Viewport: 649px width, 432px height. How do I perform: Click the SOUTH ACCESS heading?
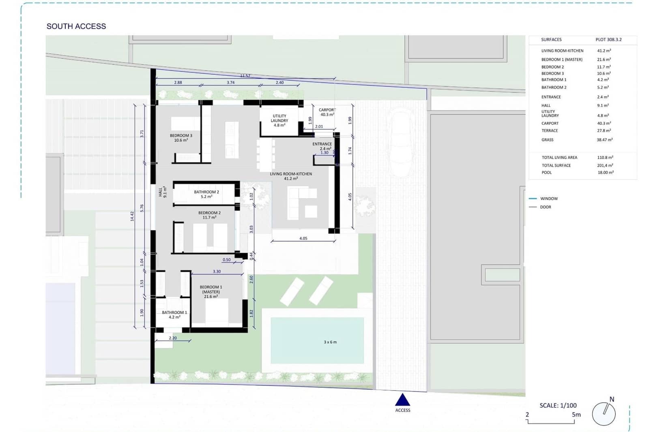[x=76, y=26]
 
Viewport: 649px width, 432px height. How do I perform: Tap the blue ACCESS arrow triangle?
[x=402, y=400]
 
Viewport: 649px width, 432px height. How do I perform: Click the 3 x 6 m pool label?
[x=330, y=342]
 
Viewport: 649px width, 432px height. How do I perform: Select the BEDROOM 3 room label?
[x=181, y=138]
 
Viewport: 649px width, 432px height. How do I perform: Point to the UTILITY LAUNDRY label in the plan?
[x=279, y=120]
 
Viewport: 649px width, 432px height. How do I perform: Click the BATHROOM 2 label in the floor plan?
[x=206, y=194]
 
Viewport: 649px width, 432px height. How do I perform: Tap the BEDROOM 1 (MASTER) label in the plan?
[x=211, y=291]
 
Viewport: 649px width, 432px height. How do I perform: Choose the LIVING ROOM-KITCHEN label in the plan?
[x=291, y=176]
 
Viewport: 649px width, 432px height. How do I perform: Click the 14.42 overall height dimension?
[x=132, y=216]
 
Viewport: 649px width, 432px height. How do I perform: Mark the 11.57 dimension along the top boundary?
[x=245, y=76]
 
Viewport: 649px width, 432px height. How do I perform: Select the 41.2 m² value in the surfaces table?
[x=604, y=51]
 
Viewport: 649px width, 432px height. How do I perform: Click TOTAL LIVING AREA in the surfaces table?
[x=559, y=158]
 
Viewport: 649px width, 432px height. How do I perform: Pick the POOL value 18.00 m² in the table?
[x=605, y=173]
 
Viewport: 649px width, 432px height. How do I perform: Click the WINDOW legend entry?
[x=548, y=199]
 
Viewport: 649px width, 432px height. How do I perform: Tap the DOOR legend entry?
[x=545, y=207]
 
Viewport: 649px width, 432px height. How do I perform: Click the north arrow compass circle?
[x=603, y=414]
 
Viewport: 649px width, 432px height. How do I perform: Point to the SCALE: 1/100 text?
[x=558, y=405]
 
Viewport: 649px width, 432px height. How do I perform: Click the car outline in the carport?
[x=400, y=142]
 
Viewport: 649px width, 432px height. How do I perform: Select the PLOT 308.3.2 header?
[x=608, y=40]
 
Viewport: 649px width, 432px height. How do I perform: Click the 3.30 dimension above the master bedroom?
[x=217, y=272]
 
